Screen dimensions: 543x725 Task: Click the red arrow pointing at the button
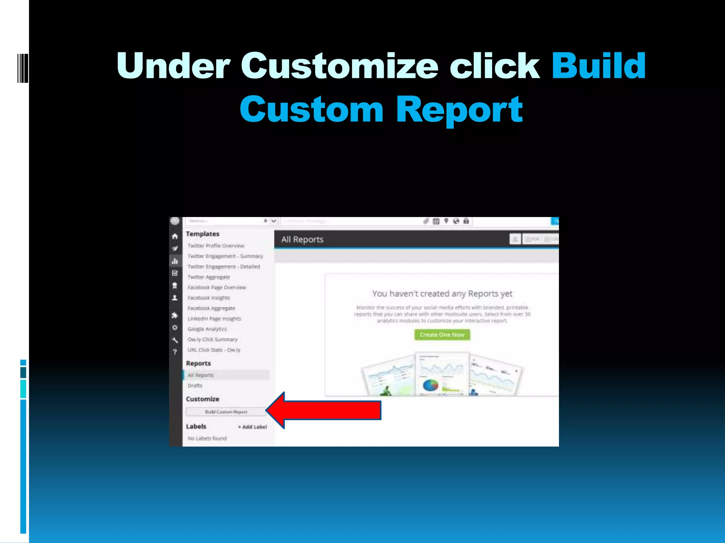[x=324, y=410]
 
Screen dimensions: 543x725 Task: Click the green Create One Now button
[x=442, y=335]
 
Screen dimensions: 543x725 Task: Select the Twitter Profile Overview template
[x=216, y=246]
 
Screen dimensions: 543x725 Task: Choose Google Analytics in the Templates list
[x=207, y=329]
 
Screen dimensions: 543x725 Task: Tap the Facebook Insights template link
[x=209, y=298]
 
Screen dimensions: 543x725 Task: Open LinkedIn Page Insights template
[x=214, y=319]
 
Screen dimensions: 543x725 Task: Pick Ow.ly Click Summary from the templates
[x=212, y=339]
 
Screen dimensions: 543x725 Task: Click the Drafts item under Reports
[x=195, y=386]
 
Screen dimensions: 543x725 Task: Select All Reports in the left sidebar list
[x=201, y=375]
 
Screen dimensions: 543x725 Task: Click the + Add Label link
[x=252, y=427]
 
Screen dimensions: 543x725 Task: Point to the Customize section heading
[x=202, y=399]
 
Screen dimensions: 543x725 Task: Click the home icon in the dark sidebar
[x=175, y=236]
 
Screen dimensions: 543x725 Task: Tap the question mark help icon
[x=175, y=352]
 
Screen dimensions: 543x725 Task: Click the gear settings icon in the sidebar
[x=175, y=328]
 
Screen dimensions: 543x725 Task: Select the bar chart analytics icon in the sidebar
[x=175, y=261]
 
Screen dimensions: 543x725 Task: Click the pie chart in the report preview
[x=430, y=385]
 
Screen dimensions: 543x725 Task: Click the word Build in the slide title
[x=599, y=66]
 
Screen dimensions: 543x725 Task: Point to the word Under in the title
[x=173, y=66]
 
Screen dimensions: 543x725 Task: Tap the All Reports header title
[x=302, y=240]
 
